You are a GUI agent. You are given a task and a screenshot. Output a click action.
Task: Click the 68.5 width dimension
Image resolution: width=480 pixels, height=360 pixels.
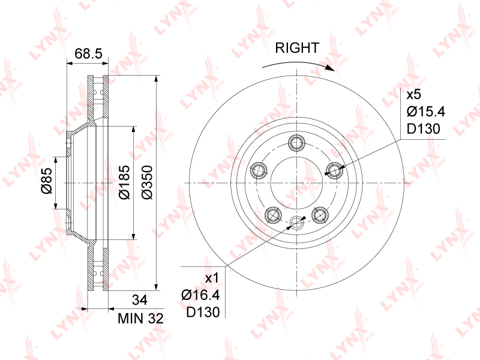tap(88, 53)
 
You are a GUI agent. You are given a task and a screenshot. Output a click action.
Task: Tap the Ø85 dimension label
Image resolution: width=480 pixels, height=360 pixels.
tap(47, 181)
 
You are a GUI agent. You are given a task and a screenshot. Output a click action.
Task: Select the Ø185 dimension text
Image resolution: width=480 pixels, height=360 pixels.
tap(125, 182)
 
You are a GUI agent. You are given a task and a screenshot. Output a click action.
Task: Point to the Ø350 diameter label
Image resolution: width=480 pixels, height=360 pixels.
tap(147, 182)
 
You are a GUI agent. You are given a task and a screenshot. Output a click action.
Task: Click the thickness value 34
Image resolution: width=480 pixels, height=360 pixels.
tap(139, 300)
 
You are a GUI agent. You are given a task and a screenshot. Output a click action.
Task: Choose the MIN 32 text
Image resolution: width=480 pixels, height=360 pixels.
tap(140, 319)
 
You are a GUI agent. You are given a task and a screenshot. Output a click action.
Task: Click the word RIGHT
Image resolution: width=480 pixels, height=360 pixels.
tap(297, 48)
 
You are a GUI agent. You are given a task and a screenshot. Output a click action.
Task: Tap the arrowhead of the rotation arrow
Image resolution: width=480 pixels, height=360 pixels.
tap(331, 68)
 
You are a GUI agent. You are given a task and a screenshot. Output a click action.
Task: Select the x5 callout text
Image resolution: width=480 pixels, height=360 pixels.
tap(414, 95)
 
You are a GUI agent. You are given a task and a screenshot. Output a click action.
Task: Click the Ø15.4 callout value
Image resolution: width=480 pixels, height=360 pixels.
tap(426, 112)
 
